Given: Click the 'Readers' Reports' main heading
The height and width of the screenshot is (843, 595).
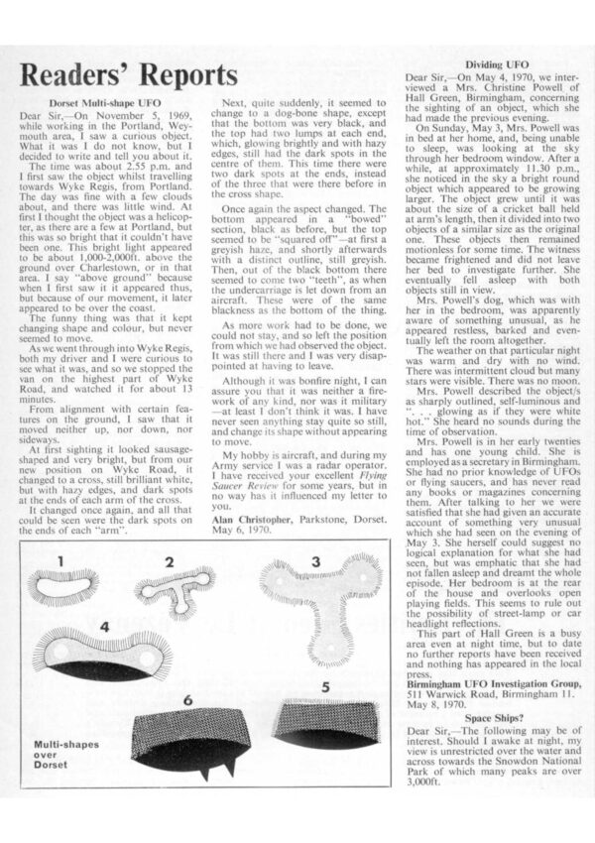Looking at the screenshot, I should (129, 75).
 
